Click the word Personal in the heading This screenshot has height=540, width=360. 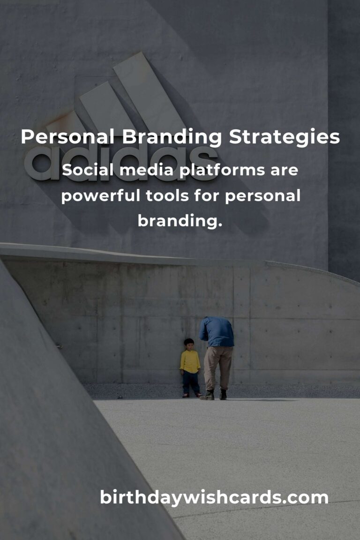(x=67, y=136)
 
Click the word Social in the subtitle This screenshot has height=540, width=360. (x=88, y=169)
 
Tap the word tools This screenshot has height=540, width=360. (x=167, y=195)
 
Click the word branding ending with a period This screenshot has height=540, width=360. (x=180, y=221)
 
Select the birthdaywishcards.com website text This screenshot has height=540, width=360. (x=214, y=497)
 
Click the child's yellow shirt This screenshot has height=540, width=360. (x=190, y=361)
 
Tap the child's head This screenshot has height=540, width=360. (x=189, y=344)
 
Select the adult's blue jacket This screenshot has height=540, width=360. (x=217, y=331)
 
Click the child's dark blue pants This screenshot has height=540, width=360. (x=191, y=383)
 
